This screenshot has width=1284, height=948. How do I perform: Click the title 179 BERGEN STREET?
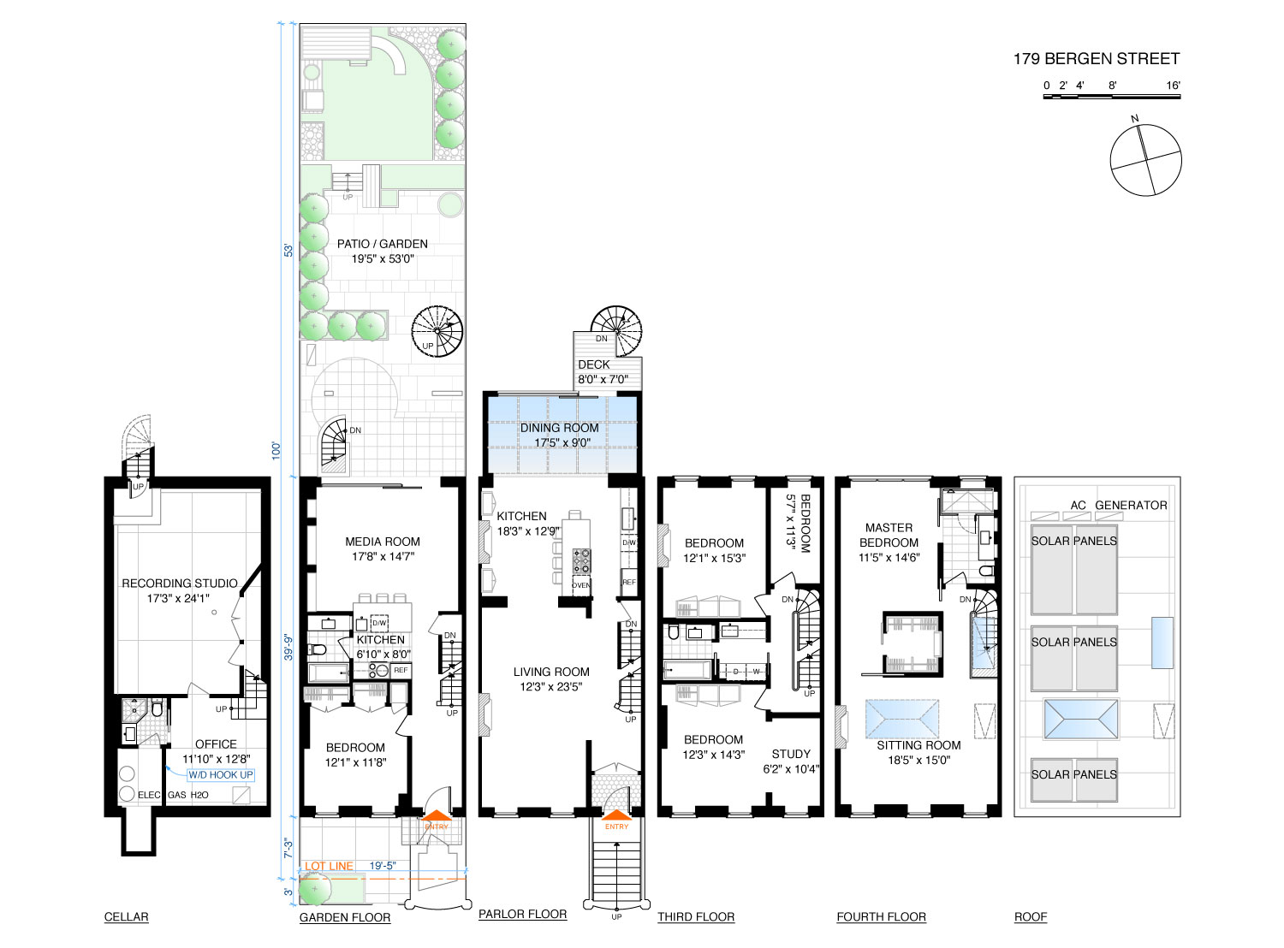1096,59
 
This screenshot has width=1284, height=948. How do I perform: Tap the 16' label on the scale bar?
1173,86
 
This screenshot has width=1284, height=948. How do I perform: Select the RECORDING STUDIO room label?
180,584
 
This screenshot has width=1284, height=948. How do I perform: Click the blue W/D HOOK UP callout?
221,775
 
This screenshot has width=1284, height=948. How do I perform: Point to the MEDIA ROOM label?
383,542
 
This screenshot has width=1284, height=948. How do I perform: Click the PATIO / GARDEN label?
382,244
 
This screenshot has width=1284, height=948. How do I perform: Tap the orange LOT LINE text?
329,866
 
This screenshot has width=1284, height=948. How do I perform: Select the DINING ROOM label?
559,429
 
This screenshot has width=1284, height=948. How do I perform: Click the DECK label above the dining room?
594,364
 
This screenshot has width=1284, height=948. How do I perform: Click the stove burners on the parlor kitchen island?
581,561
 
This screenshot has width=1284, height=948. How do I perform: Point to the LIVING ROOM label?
551,672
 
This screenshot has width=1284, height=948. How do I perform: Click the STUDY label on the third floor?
791,754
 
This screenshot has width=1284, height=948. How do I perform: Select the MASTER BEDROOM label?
889,536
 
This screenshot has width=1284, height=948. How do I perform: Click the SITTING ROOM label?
918,745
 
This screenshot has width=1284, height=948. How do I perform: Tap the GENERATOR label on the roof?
1131,506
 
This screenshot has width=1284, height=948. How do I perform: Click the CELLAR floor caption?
126,917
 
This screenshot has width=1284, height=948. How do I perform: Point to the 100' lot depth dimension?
276,451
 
